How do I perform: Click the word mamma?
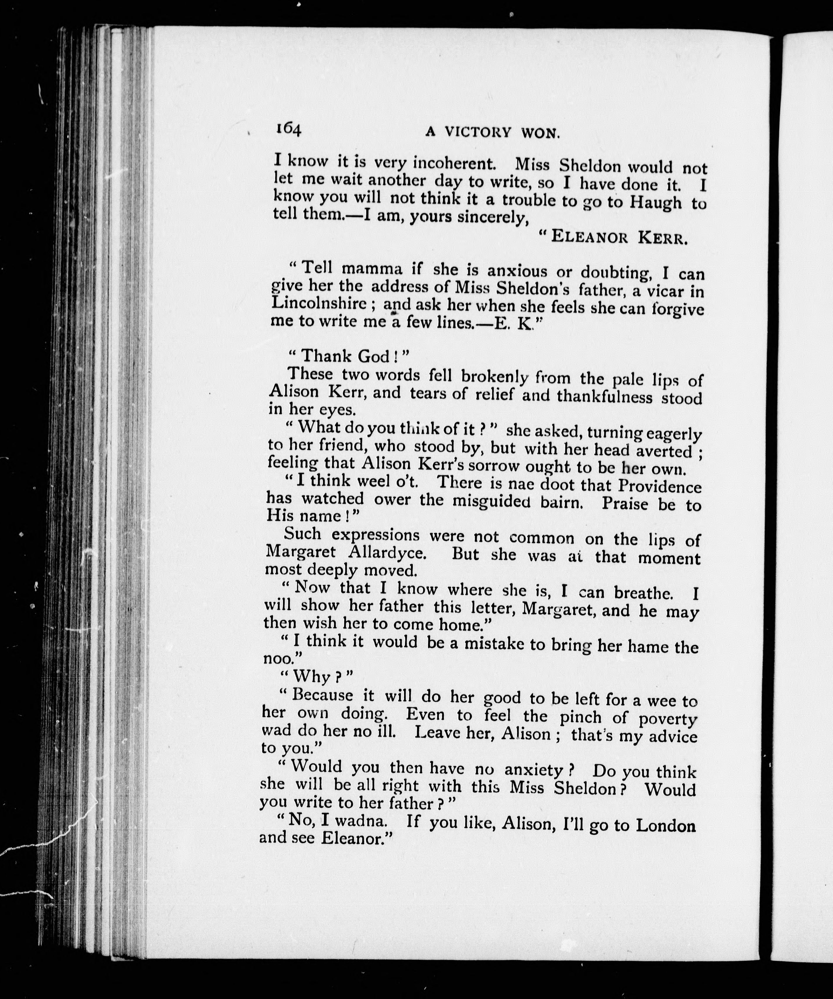372,270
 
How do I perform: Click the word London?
666,825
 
